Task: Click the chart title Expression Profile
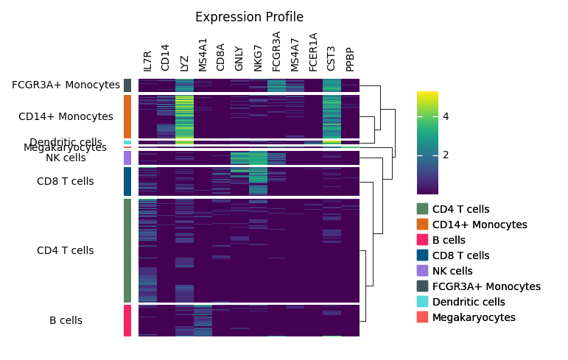pos(249,17)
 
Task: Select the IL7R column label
pos(147,61)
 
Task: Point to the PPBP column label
pos(350,60)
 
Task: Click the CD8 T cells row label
pos(66,181)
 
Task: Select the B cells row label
pos(66,320)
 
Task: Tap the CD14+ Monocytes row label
pos(66,116)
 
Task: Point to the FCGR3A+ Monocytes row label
pos(66,85)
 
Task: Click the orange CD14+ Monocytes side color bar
pos(127,116)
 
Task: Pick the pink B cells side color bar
pos(127,320)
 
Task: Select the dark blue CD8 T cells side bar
pos(127,181)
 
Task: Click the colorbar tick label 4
pos(446,116)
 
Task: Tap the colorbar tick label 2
pos(446,155)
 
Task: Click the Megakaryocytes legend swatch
pos(422,317)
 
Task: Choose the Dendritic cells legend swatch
pos(422,302)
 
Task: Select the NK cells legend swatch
pos(422,271)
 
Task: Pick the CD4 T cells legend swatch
pos(422,209)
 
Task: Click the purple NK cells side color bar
pos(127,158)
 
